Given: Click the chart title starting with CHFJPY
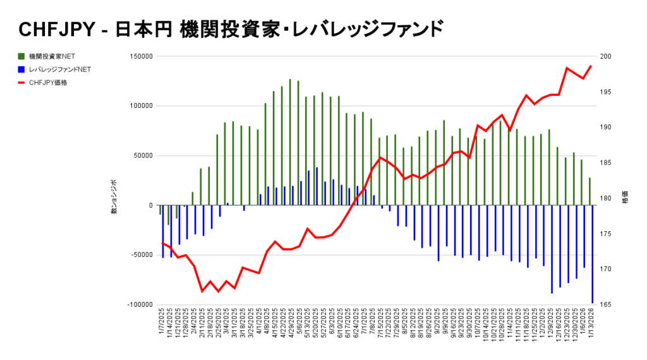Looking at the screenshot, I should (231, 28).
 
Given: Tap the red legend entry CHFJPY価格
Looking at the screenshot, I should (48, 82).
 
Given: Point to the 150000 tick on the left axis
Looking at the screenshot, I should (140, 57).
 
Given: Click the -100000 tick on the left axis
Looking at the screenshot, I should (138, 304).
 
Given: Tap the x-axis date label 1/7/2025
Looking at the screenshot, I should (162, 325).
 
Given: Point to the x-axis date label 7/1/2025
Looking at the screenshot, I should (364, 325).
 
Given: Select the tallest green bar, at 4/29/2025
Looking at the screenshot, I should (290, 142).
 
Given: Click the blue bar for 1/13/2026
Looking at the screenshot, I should (593, 254).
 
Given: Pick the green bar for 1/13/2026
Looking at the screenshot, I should (590, 191).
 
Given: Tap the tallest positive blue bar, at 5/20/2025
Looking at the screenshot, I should (317, 186).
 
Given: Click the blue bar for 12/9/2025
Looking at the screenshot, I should (552, 249).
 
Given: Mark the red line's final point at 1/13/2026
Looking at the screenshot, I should (591, 66).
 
